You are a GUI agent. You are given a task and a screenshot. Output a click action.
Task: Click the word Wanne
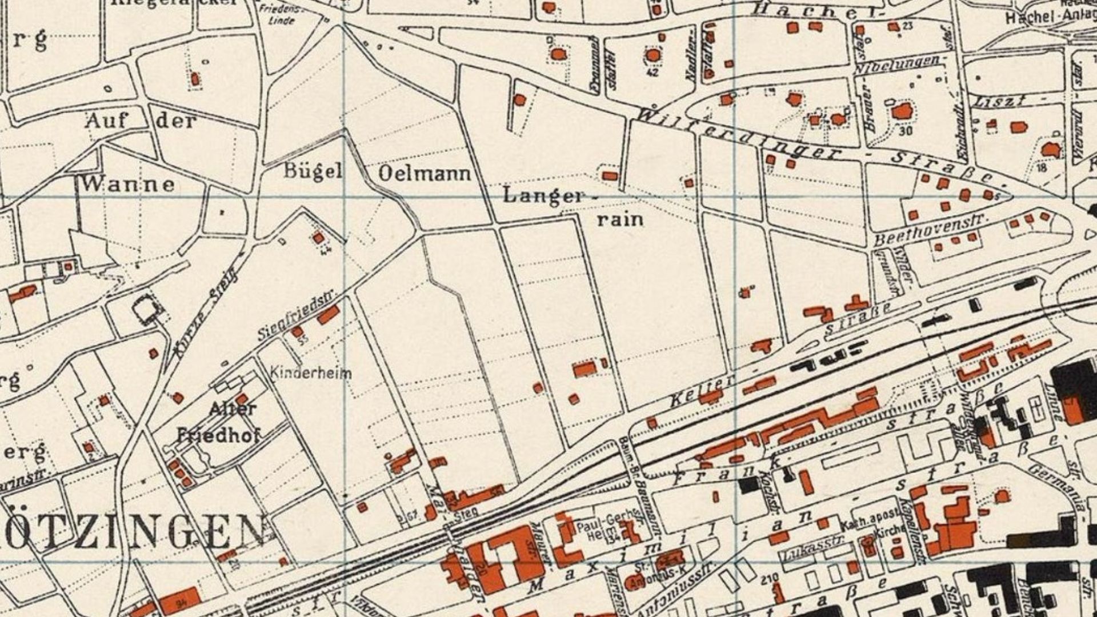127,184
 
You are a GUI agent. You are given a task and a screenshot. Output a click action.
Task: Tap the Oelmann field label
425,173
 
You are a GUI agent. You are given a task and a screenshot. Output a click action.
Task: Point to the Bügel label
313,171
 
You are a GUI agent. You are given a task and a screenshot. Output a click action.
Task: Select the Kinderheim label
310,374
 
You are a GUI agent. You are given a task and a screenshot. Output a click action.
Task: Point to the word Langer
543,196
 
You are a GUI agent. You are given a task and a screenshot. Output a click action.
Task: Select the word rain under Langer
620,219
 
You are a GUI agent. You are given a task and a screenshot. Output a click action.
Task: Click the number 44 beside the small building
326,250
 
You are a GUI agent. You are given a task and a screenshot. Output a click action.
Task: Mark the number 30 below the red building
905,131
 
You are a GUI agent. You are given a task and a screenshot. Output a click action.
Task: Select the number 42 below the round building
652,73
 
